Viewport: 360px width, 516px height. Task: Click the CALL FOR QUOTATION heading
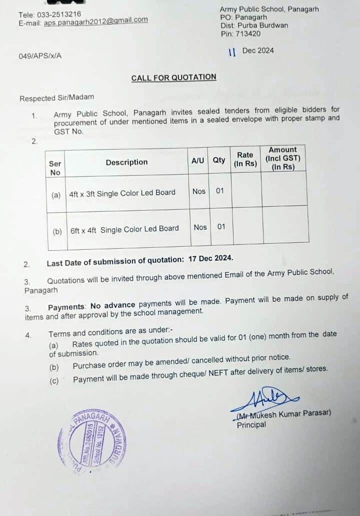173,78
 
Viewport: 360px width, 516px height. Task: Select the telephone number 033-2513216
59,14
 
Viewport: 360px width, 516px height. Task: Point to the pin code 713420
248,34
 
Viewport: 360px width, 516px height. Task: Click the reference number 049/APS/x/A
40,56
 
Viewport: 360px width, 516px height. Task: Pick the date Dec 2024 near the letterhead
257,51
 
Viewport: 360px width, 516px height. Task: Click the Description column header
126,162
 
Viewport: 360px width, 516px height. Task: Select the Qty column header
219,161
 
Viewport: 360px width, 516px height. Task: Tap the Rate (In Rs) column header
245,159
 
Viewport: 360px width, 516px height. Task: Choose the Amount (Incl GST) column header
282,158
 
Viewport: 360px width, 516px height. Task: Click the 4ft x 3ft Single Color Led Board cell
122,193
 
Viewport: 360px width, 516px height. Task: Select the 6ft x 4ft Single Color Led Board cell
124,229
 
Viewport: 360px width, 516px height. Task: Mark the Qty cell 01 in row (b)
221,227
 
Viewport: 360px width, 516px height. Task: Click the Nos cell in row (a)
199,191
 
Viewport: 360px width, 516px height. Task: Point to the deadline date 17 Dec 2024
210,259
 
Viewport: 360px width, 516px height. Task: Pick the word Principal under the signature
251,425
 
